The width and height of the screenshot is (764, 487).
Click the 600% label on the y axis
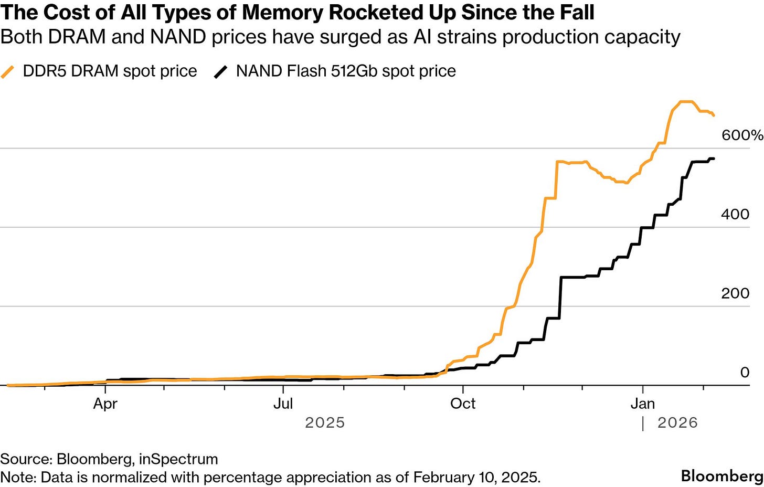tap(742, 135)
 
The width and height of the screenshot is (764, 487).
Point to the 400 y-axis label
tap(735, 214)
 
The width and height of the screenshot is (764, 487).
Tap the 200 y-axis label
tap(735, 293)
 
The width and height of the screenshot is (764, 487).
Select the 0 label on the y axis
tap(745, 373)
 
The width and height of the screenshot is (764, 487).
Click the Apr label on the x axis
tap(105, 404)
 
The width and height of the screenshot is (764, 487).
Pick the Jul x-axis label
tap(283, 404)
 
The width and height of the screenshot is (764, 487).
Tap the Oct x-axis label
tap(463, 404)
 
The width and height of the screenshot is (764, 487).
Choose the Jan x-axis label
tap(642, 404)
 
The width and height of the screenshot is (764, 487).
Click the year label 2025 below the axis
tap(325, 423)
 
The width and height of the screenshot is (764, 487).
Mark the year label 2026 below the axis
tap(677, 423)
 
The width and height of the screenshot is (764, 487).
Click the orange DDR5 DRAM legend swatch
tap(8, 71)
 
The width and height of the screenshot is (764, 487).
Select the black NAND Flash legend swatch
tap(220, 71)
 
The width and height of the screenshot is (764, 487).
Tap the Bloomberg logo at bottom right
tap(722, 476)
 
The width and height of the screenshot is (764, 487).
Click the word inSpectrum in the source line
tap(178, 459)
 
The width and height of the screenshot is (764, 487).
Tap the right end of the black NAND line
tap(713, 158)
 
